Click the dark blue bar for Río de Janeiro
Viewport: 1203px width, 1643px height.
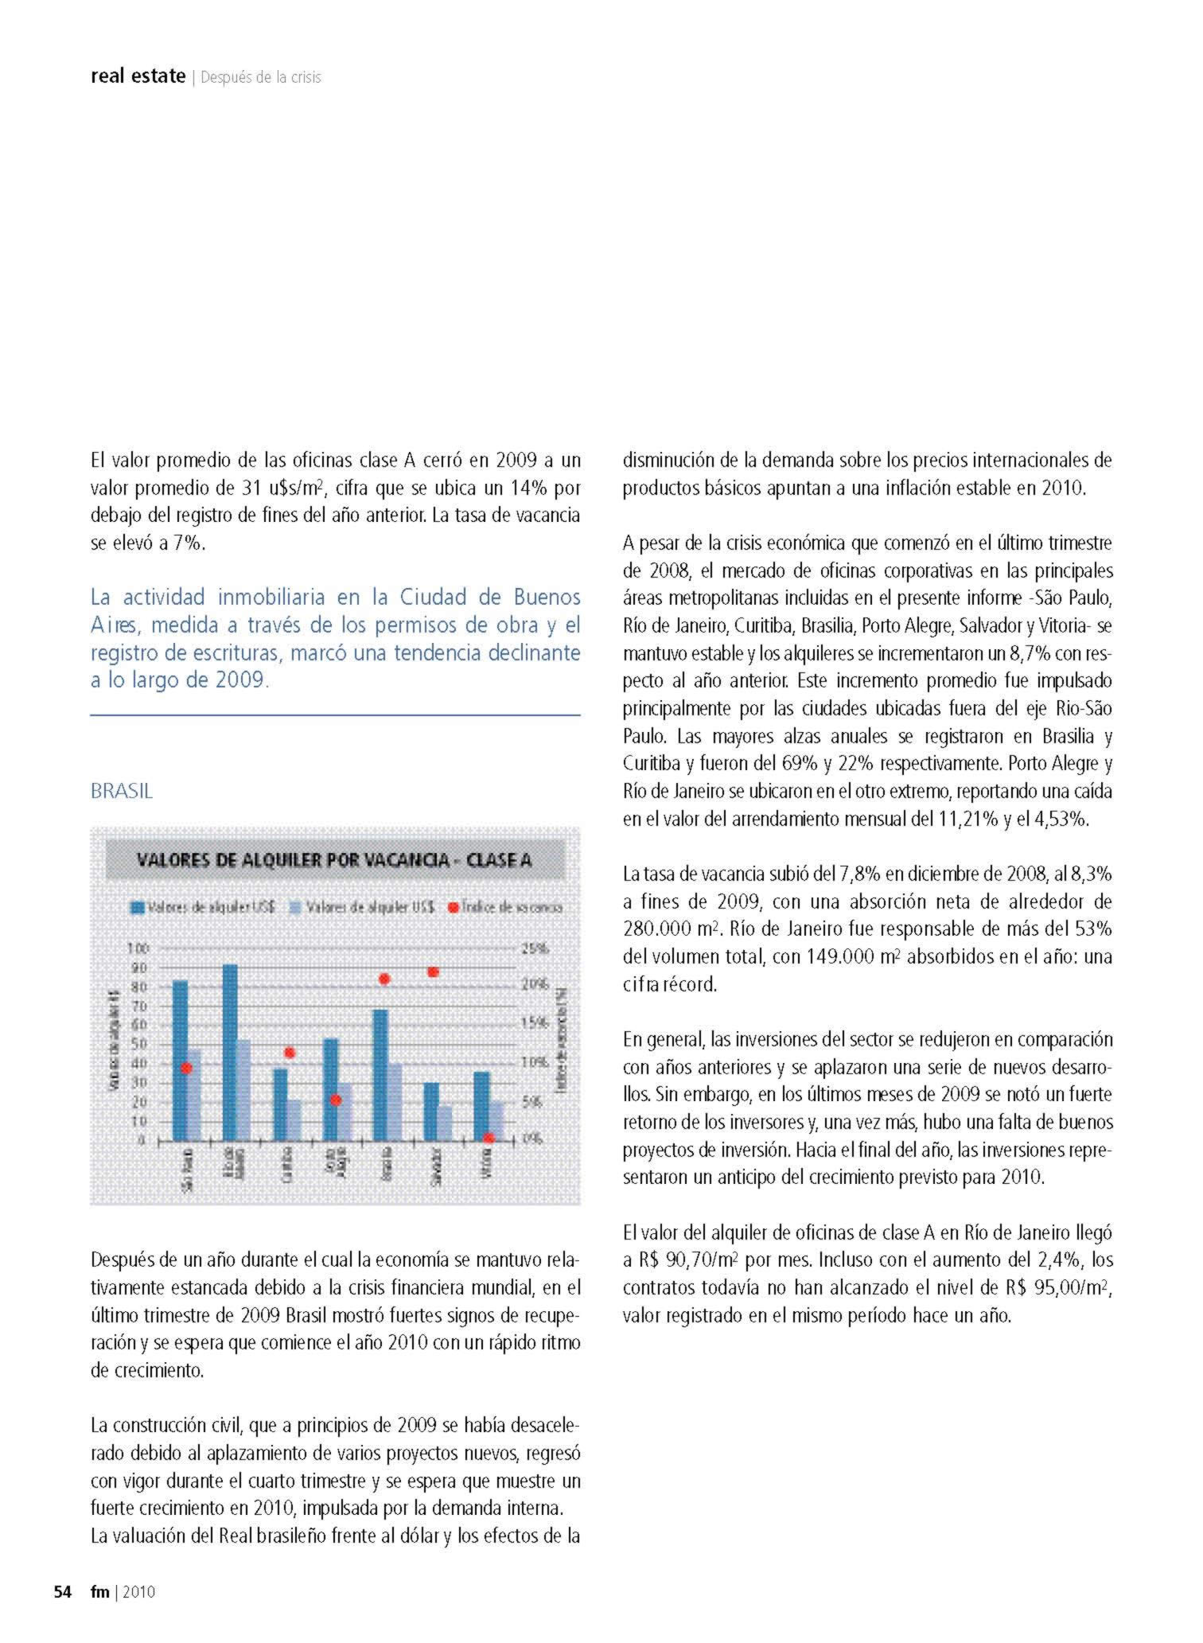click(x=230, y=1051)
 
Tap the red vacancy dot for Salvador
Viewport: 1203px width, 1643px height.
click(x=434, y=971)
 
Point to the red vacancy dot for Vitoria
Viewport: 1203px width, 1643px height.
click(x=489, y=1138)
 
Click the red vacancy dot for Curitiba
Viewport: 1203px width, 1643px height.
click(x=290, y=1053)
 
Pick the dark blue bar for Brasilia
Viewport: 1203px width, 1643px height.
click(x=380, y=1074)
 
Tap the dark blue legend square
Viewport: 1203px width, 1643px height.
click(x=138, y=907)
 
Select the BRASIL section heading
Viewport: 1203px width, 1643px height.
click(x=121, y=791)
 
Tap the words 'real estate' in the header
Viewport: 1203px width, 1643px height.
click(x=138, y=76)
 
